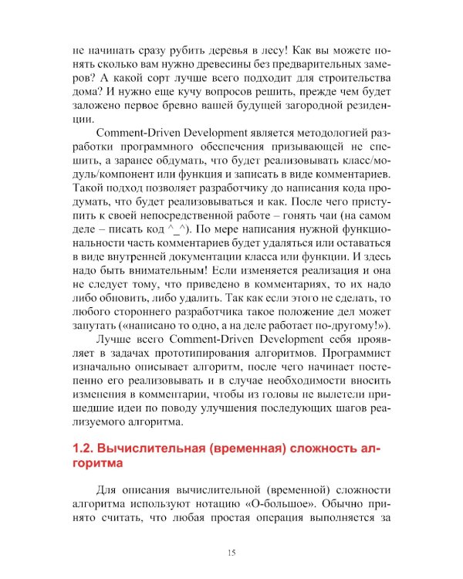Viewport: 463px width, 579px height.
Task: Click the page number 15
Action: (x=231, y=551)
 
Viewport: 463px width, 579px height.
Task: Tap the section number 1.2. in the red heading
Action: (x=84, y=449)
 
